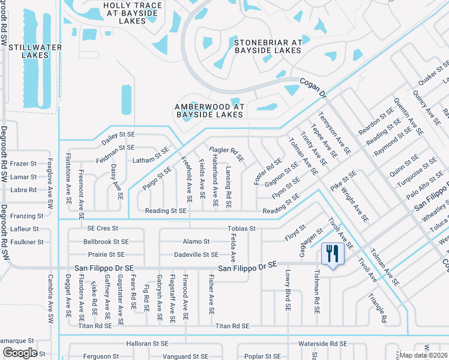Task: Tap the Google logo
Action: (19, 353)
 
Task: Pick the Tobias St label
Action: (242, 229)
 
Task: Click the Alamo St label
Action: (196, 241)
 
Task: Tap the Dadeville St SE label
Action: (196, 254)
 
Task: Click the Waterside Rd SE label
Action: (322, 344)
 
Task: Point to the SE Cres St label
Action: (103, 229)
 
